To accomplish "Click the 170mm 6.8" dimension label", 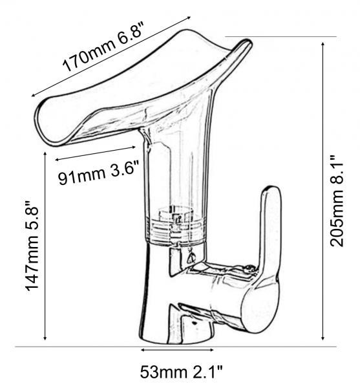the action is tap(103, 47).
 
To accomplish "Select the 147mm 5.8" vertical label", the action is tap(32, 245).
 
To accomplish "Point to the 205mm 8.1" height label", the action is tap(337, 200).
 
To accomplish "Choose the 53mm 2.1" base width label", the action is tap(182, 372).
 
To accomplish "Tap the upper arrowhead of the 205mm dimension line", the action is tap(323, 44).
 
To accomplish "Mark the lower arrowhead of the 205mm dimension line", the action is tap(323, 338).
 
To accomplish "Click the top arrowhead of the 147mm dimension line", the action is tap(45, 154).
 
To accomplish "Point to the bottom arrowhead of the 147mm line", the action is tap(45, 338).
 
